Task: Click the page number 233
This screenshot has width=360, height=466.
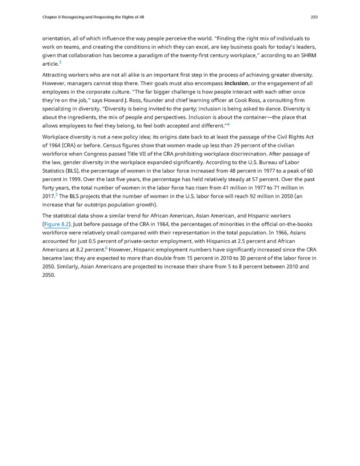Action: pyautogui.click(x=314, y=17)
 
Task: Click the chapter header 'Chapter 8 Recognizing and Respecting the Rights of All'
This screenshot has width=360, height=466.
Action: pyautogui.click(x=93, y=17)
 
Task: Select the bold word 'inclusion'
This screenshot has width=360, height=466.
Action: pyautogui.click(x=239, y=83)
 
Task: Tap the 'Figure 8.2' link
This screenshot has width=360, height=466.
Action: pyautogui.click(x=56, y=224)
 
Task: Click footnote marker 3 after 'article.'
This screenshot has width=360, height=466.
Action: pyautogui.click(x=60, y=62)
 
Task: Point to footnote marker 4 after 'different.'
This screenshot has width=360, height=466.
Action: pyautogui.click(x=228, y=124)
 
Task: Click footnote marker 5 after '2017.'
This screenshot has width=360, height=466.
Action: pyautogui.click(x=56, y=195)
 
